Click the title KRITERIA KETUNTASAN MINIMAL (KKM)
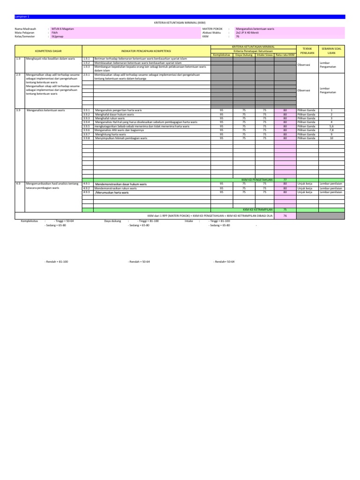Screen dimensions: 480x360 (180, 22)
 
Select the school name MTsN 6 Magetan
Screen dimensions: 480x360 (63, 29)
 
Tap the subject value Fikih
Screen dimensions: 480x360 (54, 32)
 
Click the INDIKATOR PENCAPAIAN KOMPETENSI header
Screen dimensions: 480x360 (146, 51)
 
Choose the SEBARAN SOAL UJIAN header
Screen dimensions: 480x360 (331, 51)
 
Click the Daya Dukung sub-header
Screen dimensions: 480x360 (243, 54)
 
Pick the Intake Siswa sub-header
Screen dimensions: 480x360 (264, 54)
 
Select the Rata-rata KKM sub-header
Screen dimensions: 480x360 (285, 54)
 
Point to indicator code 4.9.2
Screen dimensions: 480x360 (86, 188)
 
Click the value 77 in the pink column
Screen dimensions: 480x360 (285, 180)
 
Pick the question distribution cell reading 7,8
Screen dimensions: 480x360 (331, 130)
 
